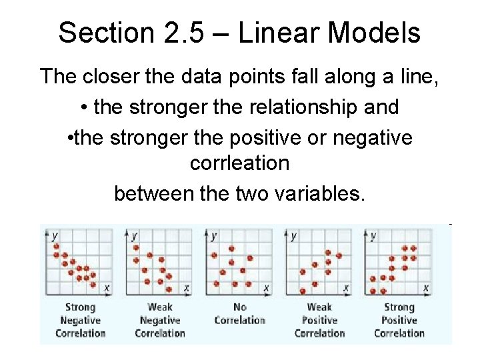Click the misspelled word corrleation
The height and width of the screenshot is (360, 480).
[x=239, y=163]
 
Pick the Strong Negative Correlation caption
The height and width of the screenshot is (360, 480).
[x=80, y=320]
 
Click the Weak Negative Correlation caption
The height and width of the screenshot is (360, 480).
[x=160, y=320]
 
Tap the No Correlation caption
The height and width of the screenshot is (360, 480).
[x=239, y=313]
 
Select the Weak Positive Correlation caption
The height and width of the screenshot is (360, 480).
[x=319, y=320]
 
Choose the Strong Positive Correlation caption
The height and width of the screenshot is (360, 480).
[x=399, y=320]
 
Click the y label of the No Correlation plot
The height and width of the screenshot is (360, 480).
[x=214, y=236]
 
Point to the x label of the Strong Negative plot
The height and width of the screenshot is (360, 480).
[x=107, y=288]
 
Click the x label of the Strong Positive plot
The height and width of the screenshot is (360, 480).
[x=426, y=288]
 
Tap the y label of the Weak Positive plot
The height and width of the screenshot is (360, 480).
[x=294, y=236]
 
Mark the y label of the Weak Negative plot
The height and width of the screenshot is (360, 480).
[x=134, y=236]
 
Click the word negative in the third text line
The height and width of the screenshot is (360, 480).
[x=375, y=138]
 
